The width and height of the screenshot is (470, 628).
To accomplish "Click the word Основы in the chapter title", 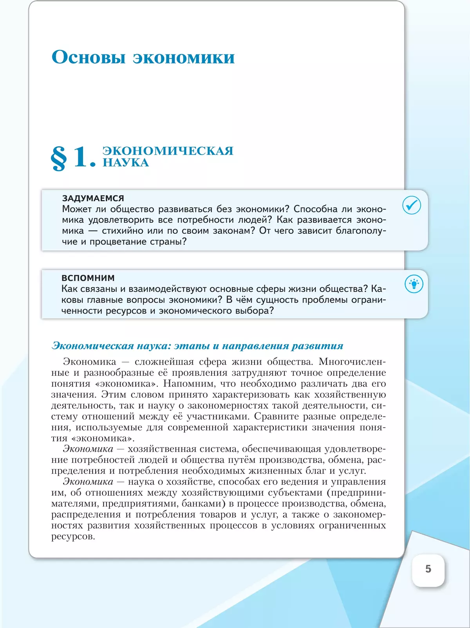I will pos(89,57).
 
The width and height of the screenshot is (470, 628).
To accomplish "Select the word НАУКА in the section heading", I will pos(126,163).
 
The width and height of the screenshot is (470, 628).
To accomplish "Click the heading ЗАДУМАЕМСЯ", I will pos(93,199).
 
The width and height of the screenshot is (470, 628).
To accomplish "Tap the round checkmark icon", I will pos(412,205).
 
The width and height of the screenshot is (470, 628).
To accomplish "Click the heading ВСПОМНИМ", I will pos(88,278).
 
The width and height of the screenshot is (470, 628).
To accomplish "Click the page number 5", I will pos(428,569).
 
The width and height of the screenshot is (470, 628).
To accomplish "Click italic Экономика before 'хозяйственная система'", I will pos(88,449).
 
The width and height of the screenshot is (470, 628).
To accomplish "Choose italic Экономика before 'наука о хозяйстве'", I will pos(88,482).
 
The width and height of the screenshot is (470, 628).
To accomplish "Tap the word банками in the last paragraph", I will pos(200,504).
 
